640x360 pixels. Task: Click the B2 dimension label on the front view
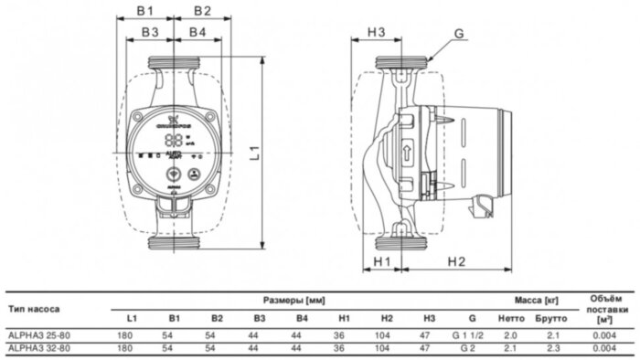(x=202, y=12)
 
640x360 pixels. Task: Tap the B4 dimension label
(x=197, y=33)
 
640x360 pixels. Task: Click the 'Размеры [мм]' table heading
(x=294, y=299)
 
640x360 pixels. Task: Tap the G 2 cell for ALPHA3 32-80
(x=472, y=347)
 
